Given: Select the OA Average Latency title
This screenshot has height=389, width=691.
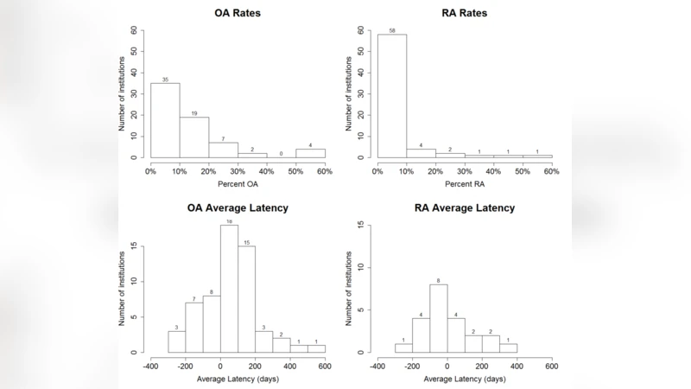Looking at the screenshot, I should point(238,207).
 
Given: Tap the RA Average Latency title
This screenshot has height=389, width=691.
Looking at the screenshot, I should point(464,207).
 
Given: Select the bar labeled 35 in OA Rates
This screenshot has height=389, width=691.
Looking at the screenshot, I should point(165,120).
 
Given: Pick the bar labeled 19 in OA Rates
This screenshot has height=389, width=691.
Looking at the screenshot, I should point(194,137).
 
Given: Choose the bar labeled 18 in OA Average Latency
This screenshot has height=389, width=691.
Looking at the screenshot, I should point(230,290).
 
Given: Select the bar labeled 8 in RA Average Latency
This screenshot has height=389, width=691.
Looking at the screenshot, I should point(439,318).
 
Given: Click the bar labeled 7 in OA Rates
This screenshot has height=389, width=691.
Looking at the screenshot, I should point(224,150).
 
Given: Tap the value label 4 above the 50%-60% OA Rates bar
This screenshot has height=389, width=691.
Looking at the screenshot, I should point(310,145).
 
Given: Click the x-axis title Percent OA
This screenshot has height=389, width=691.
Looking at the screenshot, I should point(238,186).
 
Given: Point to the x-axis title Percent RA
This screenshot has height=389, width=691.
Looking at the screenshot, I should point(464,186).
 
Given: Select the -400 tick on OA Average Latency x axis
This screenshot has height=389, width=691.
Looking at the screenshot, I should point(150,366).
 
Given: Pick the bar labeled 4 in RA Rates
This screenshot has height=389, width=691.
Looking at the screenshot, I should point(421,153).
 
